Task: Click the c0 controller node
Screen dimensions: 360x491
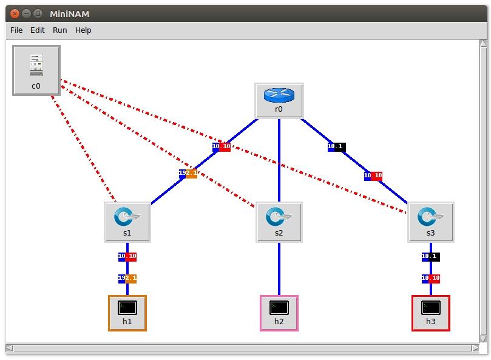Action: tap(36, 70)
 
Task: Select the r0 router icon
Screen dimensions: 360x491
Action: tap(279, 100)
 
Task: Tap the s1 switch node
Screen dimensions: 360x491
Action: tap(127, 222)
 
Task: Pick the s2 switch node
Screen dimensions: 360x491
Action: tap(279, 222)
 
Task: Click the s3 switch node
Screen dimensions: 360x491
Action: tap(430, 222)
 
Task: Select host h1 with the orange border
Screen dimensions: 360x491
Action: tap(127, 313)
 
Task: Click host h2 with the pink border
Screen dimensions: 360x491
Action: tap(279, 313)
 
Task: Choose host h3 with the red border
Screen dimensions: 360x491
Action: tap(431, 313)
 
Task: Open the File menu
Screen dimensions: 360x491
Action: tap(16, 30)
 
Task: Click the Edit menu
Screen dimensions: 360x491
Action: tap(38, 30)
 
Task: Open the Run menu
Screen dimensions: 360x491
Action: tap(60, 30)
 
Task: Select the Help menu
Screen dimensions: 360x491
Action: tap(83, 30)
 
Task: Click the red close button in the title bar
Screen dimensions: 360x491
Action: tap(15, 13)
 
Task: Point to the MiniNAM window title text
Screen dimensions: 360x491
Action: tap(69, 13)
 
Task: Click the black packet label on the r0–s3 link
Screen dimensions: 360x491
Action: tap(336, 146)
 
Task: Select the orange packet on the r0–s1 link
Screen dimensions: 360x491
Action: tap(188, 174)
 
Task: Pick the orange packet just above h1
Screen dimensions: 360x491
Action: tap(127, 279)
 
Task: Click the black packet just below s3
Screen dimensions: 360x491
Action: tap(431, 257)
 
